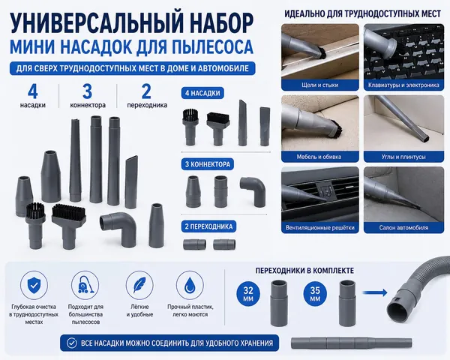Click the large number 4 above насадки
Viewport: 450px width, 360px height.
pyautogui.click(x=33, y=91)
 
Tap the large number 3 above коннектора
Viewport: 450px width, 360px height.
pyautogui.click(x=88, y=91)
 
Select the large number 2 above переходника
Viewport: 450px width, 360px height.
pyautogui.click(x=146, y=91)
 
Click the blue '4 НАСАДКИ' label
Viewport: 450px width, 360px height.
pyautogui.click(x=202, y=93)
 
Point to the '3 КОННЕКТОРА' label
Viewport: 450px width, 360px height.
pyautogui.click(x=208, y=164)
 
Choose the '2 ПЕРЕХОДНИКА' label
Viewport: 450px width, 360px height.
pyautogui.click(x=208, y=226)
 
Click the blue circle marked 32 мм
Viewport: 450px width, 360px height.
pyautogui.click(x=248, y=294)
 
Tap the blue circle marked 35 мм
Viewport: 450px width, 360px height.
pyautogui.click(x=315, y=294)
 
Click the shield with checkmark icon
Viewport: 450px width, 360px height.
pyautogui.click(x=34, y=285)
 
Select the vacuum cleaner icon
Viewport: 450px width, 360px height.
pyautogui.click(x=85, y=285)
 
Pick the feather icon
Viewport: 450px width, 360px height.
pyautogui.click(x=139, y=285)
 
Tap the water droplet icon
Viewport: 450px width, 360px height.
pyautogui.click(x=190, y=285)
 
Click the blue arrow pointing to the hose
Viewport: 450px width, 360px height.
pyautogui.click(x=375, y=292)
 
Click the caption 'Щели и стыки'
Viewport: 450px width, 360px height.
pyautogui.click(x=320, y=85)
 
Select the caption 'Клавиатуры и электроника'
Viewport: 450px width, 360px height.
pyautogui.click(x=403, y=85)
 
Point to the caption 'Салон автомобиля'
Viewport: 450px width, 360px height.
pyautogui.click(x=403, y=228)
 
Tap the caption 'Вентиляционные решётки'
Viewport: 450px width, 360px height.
pyautogui.click(x=320, y=228)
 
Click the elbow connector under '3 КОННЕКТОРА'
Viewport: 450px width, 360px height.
pyautogui.click(x=253, y=190)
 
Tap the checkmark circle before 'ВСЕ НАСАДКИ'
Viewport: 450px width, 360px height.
pyautogui.click(x=71, y=343)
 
